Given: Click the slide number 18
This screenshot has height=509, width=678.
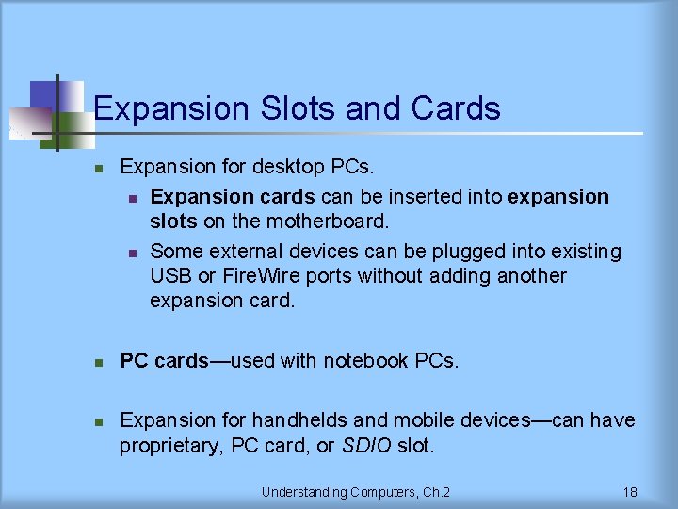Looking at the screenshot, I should point(630,492).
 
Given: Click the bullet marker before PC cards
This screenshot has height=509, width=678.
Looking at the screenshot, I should point(97,362).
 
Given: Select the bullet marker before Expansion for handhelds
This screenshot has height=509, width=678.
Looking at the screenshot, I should point(97,421).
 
